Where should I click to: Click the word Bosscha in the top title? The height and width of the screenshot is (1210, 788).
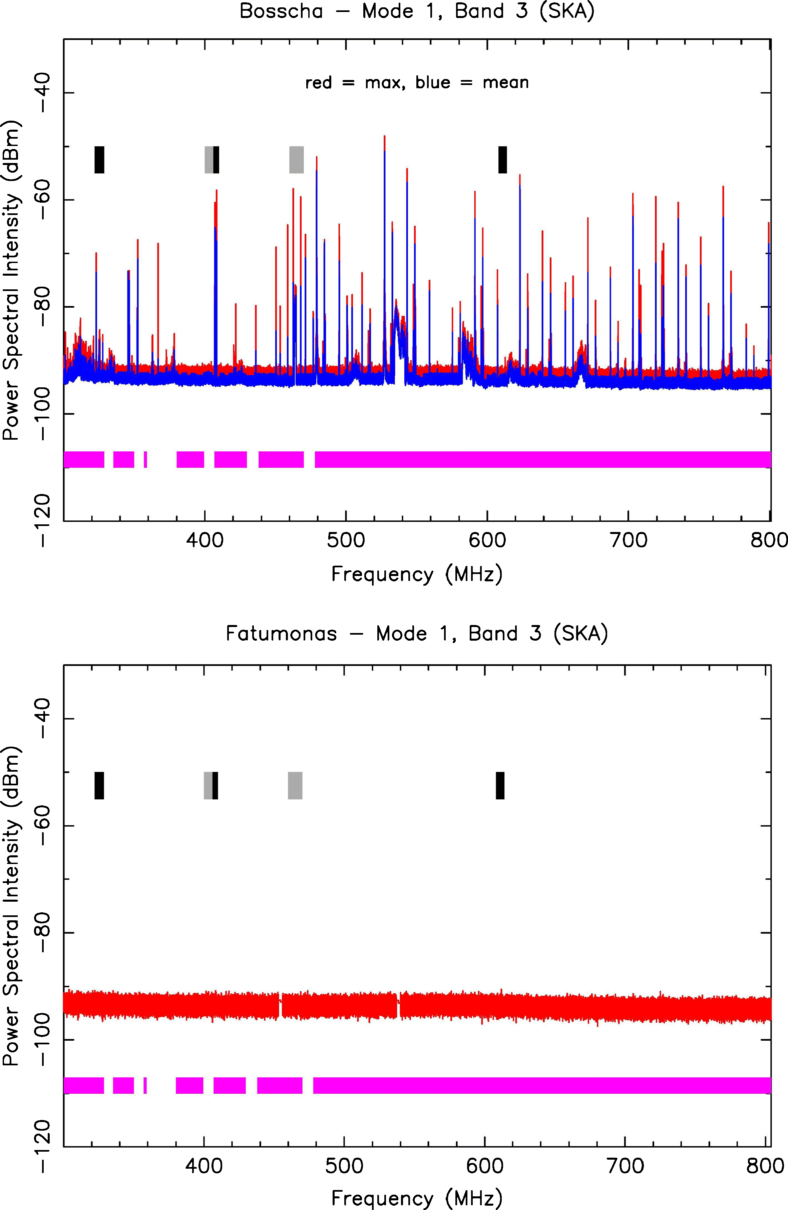pyautogui.click(x=281, y=11)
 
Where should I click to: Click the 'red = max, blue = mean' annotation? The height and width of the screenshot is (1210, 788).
pyautogui.click(x=417, y=82)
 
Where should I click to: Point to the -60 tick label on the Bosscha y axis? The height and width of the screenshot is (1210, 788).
pyautogui.click(x=43, y=200)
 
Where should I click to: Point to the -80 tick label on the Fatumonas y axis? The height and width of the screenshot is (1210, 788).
pyautogui.click(x=43, y=932)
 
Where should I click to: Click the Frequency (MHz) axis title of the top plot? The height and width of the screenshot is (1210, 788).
pyautogui.click(x=417, y=574)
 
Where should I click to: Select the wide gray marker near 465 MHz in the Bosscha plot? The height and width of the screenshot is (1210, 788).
pyautogui.click(x=297, y=160)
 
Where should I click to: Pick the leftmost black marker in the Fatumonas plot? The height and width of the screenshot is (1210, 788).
pyautogui.click(x=99, y=785)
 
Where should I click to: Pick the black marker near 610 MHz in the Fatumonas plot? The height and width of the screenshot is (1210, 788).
pyautogui.click(x=500, y=785)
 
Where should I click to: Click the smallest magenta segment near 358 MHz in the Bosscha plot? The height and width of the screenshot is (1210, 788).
pyautogui.click(x=145, y=459)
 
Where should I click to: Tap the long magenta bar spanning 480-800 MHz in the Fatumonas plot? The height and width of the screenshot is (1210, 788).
pyautogui.click(x=542, y=1085)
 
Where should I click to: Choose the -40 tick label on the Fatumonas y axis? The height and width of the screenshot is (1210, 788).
pyautogui.click(x=43, y=718)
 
